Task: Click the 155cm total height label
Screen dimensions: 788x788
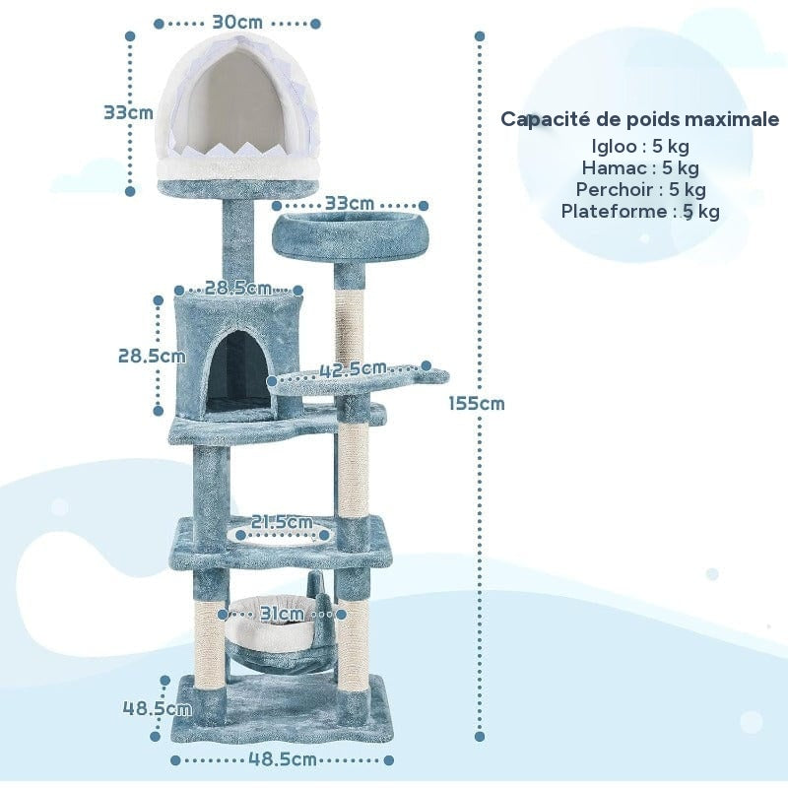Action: point(477,403)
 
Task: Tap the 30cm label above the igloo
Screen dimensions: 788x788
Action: point(236,23)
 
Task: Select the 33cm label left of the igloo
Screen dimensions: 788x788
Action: point(128,112)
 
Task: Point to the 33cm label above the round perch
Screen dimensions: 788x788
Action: point(350,204)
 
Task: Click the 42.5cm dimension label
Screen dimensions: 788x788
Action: point(353,369)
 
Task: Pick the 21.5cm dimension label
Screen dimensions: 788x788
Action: point(282,522)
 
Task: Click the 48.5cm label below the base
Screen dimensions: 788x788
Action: point(283,758)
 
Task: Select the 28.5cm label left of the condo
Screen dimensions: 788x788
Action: point(152,356)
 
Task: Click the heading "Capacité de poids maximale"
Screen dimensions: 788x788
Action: point(639,119)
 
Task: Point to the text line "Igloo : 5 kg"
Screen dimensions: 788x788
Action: point(639,146)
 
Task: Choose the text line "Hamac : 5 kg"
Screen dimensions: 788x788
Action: point(639,167)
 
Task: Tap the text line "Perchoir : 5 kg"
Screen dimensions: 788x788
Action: point(640,189)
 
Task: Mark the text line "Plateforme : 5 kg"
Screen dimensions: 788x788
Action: point(639,211)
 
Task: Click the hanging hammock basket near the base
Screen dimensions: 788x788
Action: point(278,633)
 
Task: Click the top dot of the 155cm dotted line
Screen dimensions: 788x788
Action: point(480,36)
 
